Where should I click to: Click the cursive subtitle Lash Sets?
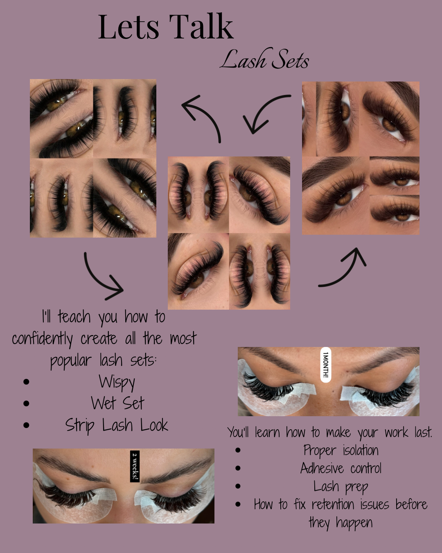264,59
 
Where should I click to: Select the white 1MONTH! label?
326,365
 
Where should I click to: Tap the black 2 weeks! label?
135,467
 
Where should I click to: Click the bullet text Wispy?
117,382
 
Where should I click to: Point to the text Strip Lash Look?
117,425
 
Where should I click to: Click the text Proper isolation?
341,451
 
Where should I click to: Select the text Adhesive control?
341,468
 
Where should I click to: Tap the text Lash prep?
341,487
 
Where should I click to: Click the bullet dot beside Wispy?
26,382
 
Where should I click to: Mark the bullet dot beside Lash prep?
238,486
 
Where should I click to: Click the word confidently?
43,339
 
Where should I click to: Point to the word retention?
333,504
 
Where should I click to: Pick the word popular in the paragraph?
71,360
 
